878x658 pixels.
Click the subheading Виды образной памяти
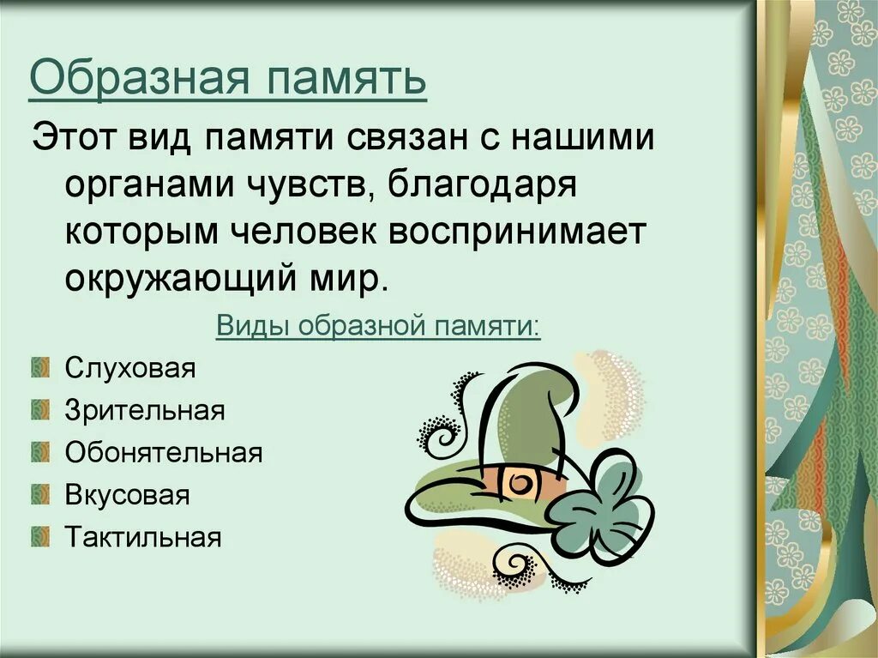click(378, 326)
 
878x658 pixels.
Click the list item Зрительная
click(145, 411)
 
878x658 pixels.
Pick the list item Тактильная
click(143, 538)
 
